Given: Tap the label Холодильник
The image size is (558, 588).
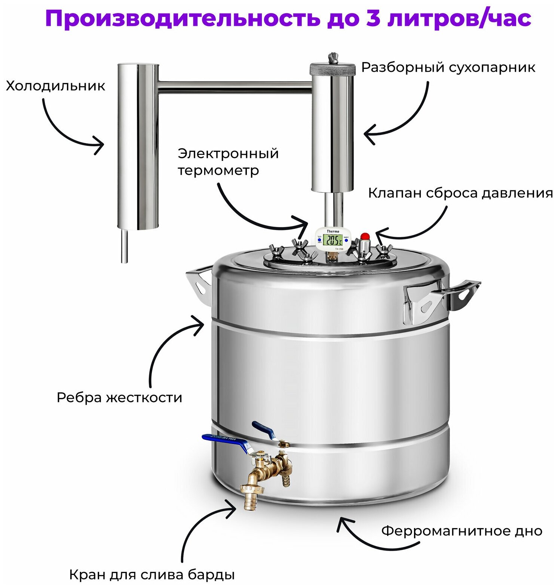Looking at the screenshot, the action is tap(55, 86).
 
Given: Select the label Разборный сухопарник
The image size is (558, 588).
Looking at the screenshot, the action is tap(448, 68).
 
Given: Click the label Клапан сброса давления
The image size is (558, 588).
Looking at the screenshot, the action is tap(460, 193).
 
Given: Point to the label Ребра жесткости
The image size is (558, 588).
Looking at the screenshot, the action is tap(119, 397).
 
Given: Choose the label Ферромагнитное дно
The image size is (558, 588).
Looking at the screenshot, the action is tap(462, 531).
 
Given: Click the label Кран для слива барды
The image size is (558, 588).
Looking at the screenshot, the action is tap(152, 574).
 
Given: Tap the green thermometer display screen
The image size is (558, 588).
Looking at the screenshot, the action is tap(332, 240).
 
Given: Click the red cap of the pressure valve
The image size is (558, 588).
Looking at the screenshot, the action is tap(365, 236).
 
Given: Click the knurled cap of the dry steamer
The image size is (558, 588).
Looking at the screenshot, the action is tap(332, 69).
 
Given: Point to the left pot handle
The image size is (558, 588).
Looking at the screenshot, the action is tap(200, 284).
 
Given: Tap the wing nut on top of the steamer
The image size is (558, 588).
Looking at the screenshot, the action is tap(332, 58).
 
